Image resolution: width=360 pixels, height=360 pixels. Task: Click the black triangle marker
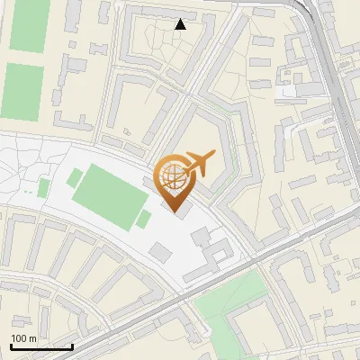coord(181,24)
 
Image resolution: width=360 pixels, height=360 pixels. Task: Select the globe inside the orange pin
coord(174,177)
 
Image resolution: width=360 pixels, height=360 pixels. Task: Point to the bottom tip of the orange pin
coord(174,212)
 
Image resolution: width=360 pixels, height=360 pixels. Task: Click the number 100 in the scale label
coord(19,338)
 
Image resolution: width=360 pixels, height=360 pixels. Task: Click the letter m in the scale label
coord(32,338)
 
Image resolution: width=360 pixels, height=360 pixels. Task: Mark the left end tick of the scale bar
coord(10,345)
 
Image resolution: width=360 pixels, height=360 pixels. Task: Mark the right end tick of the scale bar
coord(72,345)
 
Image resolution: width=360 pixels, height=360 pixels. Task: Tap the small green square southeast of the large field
coord(143,219)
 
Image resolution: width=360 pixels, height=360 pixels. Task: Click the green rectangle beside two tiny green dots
coord(43,187)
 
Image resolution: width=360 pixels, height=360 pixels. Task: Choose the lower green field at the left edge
coord(22,92)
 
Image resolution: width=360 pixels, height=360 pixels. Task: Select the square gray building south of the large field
coord(159,251)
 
